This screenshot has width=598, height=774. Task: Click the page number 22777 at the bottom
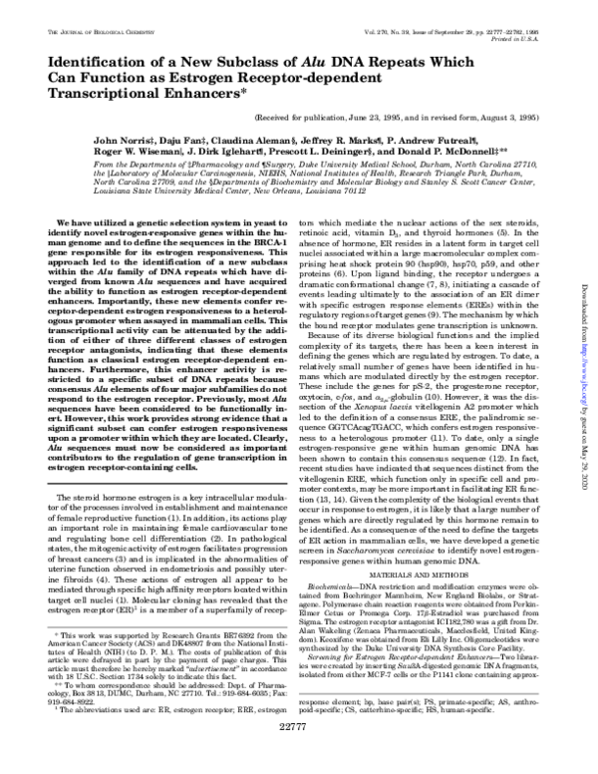(299, 755)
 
